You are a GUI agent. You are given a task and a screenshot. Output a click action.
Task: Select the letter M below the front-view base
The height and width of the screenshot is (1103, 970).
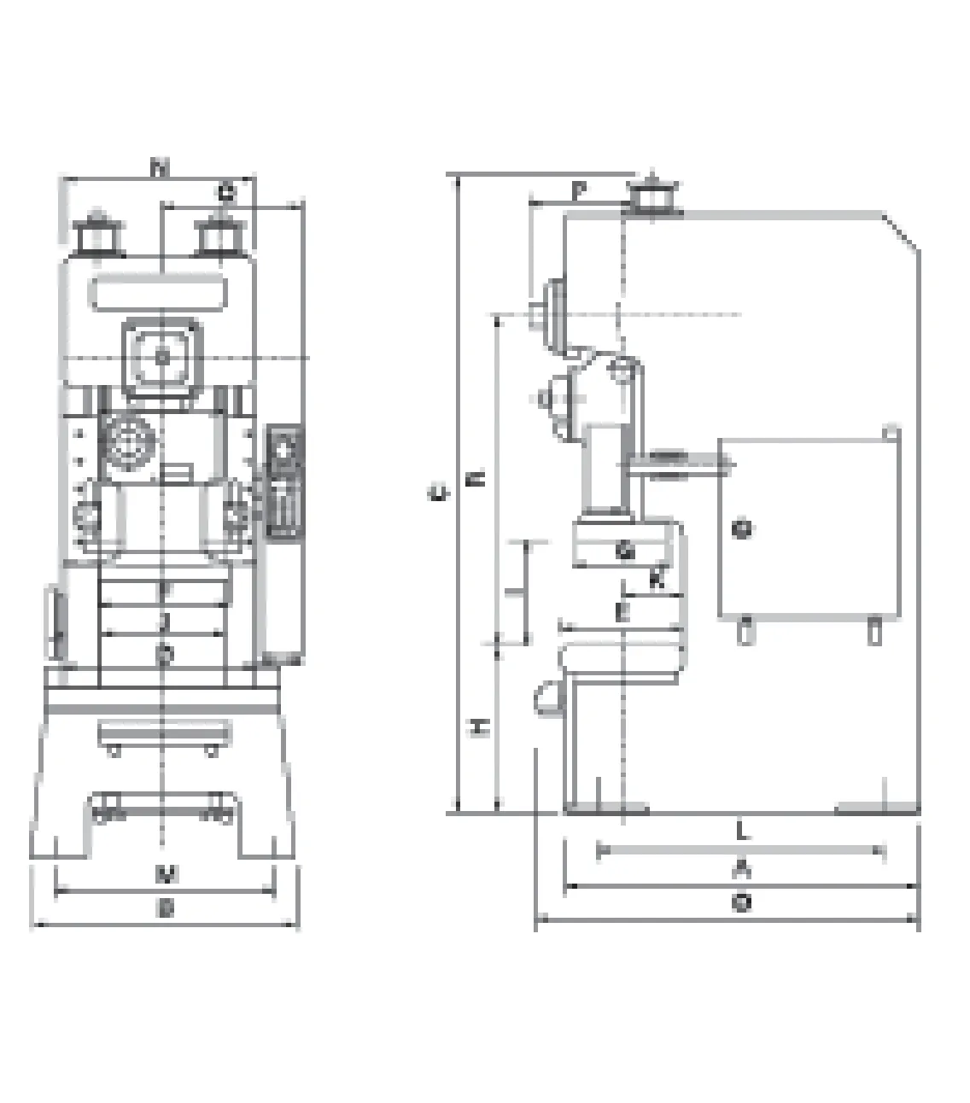point(167,874)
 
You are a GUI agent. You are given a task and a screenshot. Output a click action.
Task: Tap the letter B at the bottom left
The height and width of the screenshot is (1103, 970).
point(167,910)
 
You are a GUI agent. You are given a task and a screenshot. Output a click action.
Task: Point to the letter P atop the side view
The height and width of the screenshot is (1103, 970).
point(578,190)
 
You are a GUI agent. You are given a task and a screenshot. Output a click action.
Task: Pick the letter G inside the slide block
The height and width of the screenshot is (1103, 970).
point(625,551)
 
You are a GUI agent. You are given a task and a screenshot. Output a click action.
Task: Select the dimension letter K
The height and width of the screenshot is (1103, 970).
point(656,581)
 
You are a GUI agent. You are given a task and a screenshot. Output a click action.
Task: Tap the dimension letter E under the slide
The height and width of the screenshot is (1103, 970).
point(622,612)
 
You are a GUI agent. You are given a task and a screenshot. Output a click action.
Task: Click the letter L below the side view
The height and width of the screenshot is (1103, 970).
point(743,830)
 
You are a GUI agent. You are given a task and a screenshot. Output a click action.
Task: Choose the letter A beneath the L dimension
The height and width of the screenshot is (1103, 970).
point(743,869)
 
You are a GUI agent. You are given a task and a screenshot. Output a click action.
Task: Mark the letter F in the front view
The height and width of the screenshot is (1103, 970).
point(165,589)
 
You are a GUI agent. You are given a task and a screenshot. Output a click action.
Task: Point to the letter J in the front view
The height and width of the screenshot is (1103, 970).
point(165,621)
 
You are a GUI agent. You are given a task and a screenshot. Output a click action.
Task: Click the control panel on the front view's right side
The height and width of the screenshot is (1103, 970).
point(286,482)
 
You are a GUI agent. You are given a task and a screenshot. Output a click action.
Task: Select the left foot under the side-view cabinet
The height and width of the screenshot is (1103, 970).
point(746,632)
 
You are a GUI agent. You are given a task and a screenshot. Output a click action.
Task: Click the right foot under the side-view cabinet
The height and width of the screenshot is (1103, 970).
point(874,632)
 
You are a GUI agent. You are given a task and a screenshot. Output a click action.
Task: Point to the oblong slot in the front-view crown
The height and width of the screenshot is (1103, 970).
point(161,294)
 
